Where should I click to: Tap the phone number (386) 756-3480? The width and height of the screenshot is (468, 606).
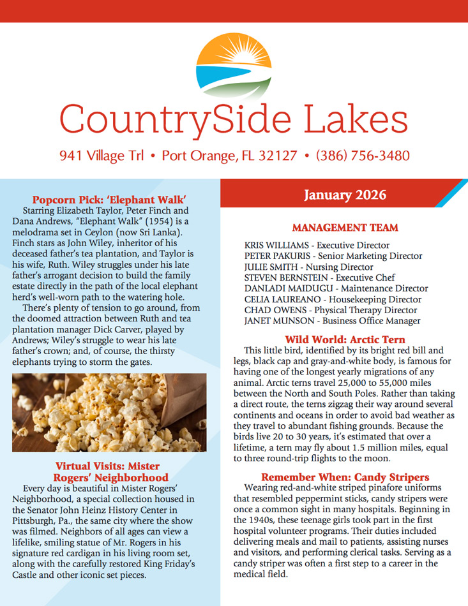[x=362, y=156]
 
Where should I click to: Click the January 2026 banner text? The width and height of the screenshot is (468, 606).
[x=345, y=194]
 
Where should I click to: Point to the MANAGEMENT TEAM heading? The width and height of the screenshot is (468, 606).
[x=345, y=228]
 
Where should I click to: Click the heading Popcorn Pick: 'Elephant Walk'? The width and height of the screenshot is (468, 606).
[x=109, y=198]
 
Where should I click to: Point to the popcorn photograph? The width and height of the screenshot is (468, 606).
[x=109, y=413]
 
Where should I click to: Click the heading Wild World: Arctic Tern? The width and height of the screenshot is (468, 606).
[x=345, y=339]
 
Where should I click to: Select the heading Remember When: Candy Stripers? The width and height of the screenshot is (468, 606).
[x=345, y=477]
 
